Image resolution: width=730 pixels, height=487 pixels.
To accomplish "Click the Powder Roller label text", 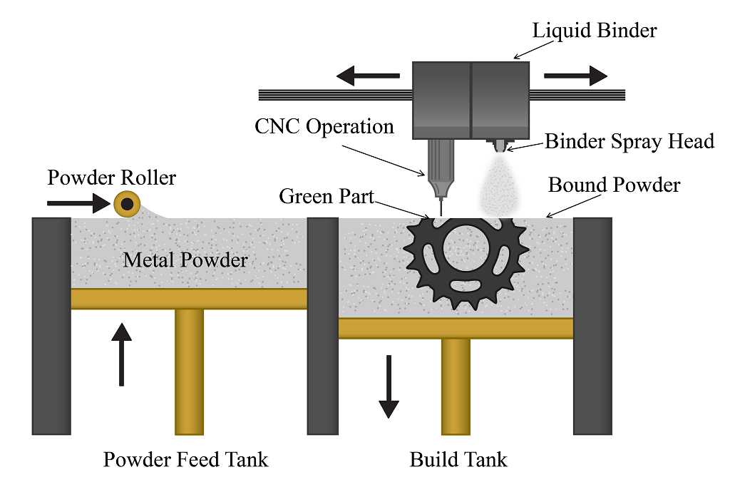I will [x=111, y=178].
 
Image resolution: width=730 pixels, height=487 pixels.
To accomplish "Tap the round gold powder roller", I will [x=128, y=205].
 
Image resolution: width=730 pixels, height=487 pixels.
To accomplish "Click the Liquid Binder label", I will [x=595, y=31].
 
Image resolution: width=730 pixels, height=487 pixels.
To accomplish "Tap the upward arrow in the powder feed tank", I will [x=123, y=354].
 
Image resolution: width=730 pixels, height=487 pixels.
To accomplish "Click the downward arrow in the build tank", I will [x=389, y=386].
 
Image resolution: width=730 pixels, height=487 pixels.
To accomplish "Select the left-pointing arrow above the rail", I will [x=367, y=75].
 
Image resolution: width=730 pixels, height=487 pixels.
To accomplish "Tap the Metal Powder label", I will [x=185, y=260].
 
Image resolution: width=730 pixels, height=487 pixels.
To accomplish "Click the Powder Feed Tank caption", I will [x=185, y=459].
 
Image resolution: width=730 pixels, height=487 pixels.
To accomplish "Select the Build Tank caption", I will [x=458, y=459].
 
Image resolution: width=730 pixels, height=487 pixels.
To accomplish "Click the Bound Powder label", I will [x=614, y=185].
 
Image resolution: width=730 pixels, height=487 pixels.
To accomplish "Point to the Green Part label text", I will [x=327, y=196].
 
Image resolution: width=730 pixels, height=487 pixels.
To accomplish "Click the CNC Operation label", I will [x=324, y=127].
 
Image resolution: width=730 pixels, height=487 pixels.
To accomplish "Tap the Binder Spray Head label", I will [x=629, y=141].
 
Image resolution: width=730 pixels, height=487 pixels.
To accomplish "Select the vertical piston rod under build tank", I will [x=456, y=386].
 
